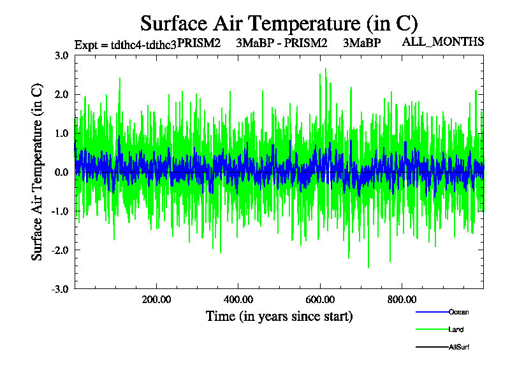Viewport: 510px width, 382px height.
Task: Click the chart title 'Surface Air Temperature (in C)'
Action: (x=279, y=24)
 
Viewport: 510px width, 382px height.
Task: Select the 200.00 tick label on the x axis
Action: (x=157, y=299)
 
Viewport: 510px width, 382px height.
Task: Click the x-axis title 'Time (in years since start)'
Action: (x=279, y=316)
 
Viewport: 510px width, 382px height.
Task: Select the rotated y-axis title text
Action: (x=38, y=172)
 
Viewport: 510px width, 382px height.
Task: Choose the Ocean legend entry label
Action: (x=459, y=312)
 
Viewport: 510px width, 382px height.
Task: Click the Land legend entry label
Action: (x=456, y=330)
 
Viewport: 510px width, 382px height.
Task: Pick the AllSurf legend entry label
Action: (x=460, y=347)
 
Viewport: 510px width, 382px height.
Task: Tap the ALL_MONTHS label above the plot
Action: (x=443, y=42)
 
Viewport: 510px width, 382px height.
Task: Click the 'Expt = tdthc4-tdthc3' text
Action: (x=125, y=45)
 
